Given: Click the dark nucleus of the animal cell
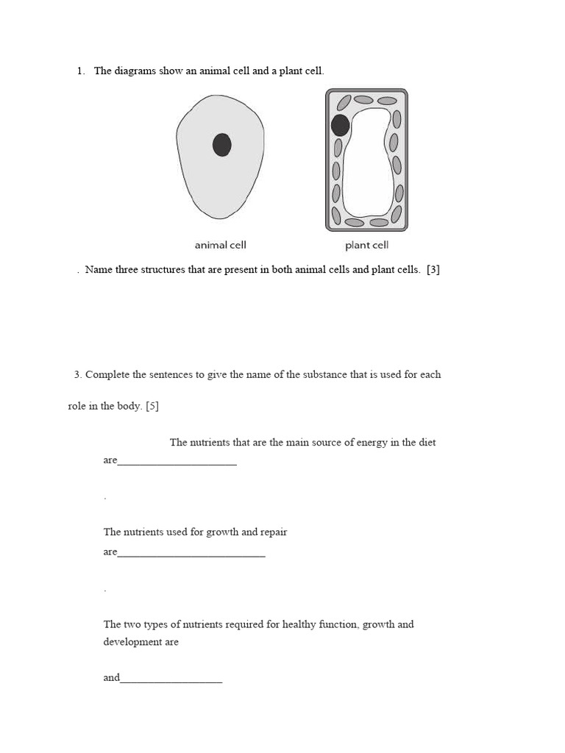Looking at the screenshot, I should [221, 145].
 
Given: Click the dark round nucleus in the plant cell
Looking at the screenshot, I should [340, 125].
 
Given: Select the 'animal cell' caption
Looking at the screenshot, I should [220, 245].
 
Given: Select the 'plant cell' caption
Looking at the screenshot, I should [366, 245].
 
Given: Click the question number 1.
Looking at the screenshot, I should [80, 71].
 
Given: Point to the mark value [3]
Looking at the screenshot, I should [433, 270].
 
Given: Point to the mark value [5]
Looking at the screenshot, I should [152, 406].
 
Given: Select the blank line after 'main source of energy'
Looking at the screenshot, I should [177, 463].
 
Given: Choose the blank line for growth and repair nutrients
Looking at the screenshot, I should [191, 555].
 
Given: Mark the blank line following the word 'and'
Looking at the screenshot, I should [171, 681].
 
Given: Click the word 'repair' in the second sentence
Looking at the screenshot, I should [273, 532].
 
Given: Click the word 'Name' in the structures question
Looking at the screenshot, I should [99, 270].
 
